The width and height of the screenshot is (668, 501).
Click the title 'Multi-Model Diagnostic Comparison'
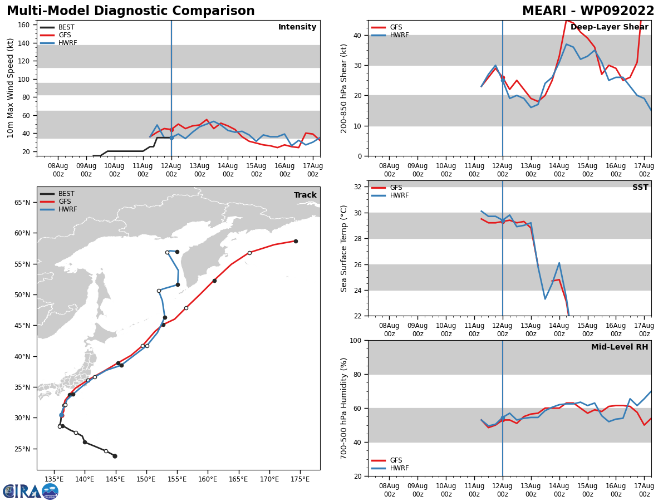click(x=131, y=11)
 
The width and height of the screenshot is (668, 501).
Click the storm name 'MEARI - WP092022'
click(x=588, y=11)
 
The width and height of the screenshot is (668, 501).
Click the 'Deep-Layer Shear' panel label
click(x=609, y=27)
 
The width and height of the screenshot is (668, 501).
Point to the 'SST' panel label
click(x=640, y=188)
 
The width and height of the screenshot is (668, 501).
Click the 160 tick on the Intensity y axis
click(x=23, y=25)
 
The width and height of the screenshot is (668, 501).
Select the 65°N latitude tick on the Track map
click(x=22, y=203)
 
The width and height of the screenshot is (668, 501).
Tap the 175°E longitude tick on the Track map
click(x=300, y=479)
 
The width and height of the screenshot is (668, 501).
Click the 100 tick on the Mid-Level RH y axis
click(x=354, y=341)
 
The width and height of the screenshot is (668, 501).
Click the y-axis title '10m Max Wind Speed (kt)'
click(x=11, y=88)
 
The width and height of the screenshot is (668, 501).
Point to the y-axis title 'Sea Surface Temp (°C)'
click(x=344, y=248)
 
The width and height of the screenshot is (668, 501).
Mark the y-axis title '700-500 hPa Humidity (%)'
click(x=344, y=408)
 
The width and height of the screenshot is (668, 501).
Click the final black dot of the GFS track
click(x=296, y=241)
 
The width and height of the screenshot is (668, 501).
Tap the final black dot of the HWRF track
click(x=177, y=252)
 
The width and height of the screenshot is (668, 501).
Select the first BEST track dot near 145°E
click(x=115, y=456)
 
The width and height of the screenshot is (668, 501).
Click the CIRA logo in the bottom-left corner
click(x=31, y=491)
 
